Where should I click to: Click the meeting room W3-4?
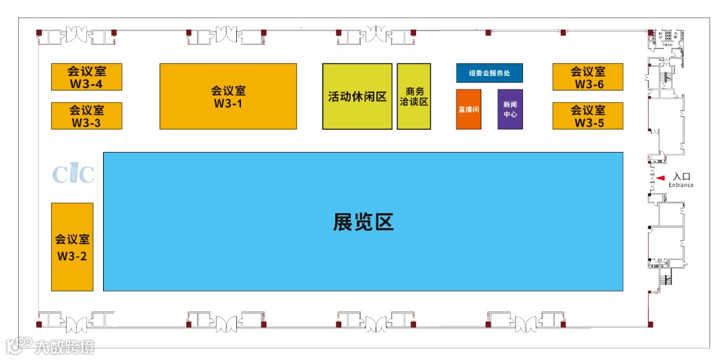pyautogui.click(x=87, y=77)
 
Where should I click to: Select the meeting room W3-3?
pyautogui.click(x=87, y=116)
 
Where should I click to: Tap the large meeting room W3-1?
pyautogui.click(x=228, y=96)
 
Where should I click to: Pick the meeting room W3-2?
pyautogui.click(x=72, y=247)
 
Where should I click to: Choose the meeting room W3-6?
pyautogui.click(x=588, y=77)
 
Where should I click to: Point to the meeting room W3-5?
pyautogui.click(x=588, y=116)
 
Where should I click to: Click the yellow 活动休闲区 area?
pyautogui.click(x=357, y=96)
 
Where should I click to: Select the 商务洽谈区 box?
pyautogui.click(x=414, y=96)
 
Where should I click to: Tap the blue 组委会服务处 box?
pyautogui.click(x=489, y=73)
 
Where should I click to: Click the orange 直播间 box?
pyautogui.click(x=469, y=109)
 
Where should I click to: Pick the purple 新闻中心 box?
pyautogui.click(x=510, y=109)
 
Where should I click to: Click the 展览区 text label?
pyautogui.click(x=363, y=222)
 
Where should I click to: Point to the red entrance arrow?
pyautogui.click(x=662, y=178)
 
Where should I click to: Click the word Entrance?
pyautogui.click(x=681, y=185)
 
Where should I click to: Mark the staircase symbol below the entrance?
pyautogui.click(x=668, y=279)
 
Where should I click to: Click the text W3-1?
pyautogui.click(x=228, y=104)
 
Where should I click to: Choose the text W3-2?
pyautogui.click(x=72, y=256)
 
